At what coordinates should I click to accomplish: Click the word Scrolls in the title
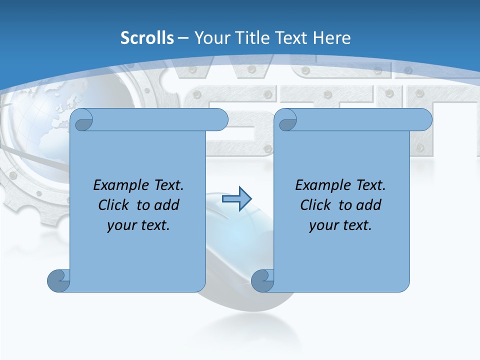[x=147, y=38]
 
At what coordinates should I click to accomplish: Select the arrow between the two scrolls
[x=236, y=199]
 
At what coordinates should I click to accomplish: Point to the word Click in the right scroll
[x=315, y=205]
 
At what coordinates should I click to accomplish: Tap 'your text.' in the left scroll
[x=138, y=225]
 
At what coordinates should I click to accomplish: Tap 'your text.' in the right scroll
[x=340, y=225]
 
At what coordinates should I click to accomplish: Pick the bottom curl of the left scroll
[x=59, y=280]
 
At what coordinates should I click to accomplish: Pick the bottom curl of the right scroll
[x=262, y=280]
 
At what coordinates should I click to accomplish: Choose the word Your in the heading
[x=209, y=38]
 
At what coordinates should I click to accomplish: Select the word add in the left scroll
[x=166, y=205]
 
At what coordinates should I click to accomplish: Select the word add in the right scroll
[x=368, y=205]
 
